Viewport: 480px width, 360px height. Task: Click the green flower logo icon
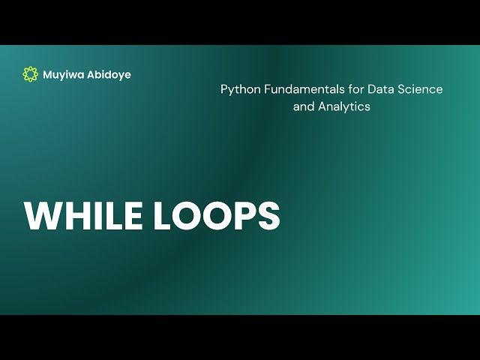pyautogui.click(x=30, y=74)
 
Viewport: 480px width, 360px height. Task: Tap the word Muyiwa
pyautogui.click(x=64, y=75)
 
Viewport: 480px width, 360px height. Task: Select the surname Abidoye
pyautogui.click(x=109, y=75)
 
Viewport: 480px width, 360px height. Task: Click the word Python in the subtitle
pyautogui.click(x=238, y=89)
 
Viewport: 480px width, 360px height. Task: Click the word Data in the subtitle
pyautogui.click(x=379, y=89)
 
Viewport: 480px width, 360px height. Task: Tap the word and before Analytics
pyautogui.click(x=304, y=106)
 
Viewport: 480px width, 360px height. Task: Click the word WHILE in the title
pyautogui.click(x=83, y=216)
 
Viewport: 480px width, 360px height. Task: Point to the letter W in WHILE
pyautogui.click(x=43, y=216)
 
